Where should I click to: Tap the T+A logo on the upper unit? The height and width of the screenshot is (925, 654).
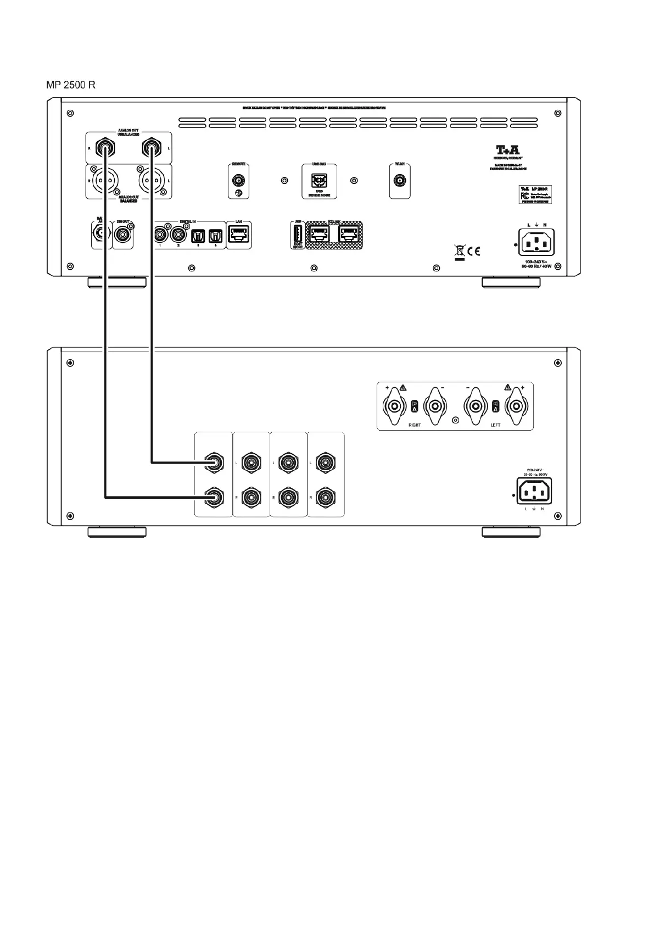click(507, 150)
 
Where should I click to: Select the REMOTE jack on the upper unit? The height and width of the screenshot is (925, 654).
click(238, 180)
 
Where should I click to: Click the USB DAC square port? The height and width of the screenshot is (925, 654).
click(319, 180)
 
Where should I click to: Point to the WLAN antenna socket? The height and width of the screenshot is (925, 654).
click(399, 180)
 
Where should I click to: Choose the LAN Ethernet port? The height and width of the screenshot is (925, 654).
click(239, 235)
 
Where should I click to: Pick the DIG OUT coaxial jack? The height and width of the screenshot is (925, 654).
click(122, 235)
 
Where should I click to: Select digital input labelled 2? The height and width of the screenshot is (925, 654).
click(178, 235)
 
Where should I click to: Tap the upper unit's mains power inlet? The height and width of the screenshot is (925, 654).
click(536, 242)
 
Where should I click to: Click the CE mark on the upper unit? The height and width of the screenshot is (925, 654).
click(474, 252)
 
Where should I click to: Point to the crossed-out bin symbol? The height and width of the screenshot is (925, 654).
click(460, 252)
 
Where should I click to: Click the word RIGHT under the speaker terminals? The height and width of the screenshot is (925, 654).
click(415, 425)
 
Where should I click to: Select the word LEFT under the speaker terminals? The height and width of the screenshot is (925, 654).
click(495, 425)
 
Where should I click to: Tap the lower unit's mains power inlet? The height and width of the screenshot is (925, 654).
click(534, 490)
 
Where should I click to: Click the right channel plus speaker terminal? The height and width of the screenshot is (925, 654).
click(394, 407)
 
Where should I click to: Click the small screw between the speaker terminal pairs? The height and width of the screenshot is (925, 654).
click(455, 421)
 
